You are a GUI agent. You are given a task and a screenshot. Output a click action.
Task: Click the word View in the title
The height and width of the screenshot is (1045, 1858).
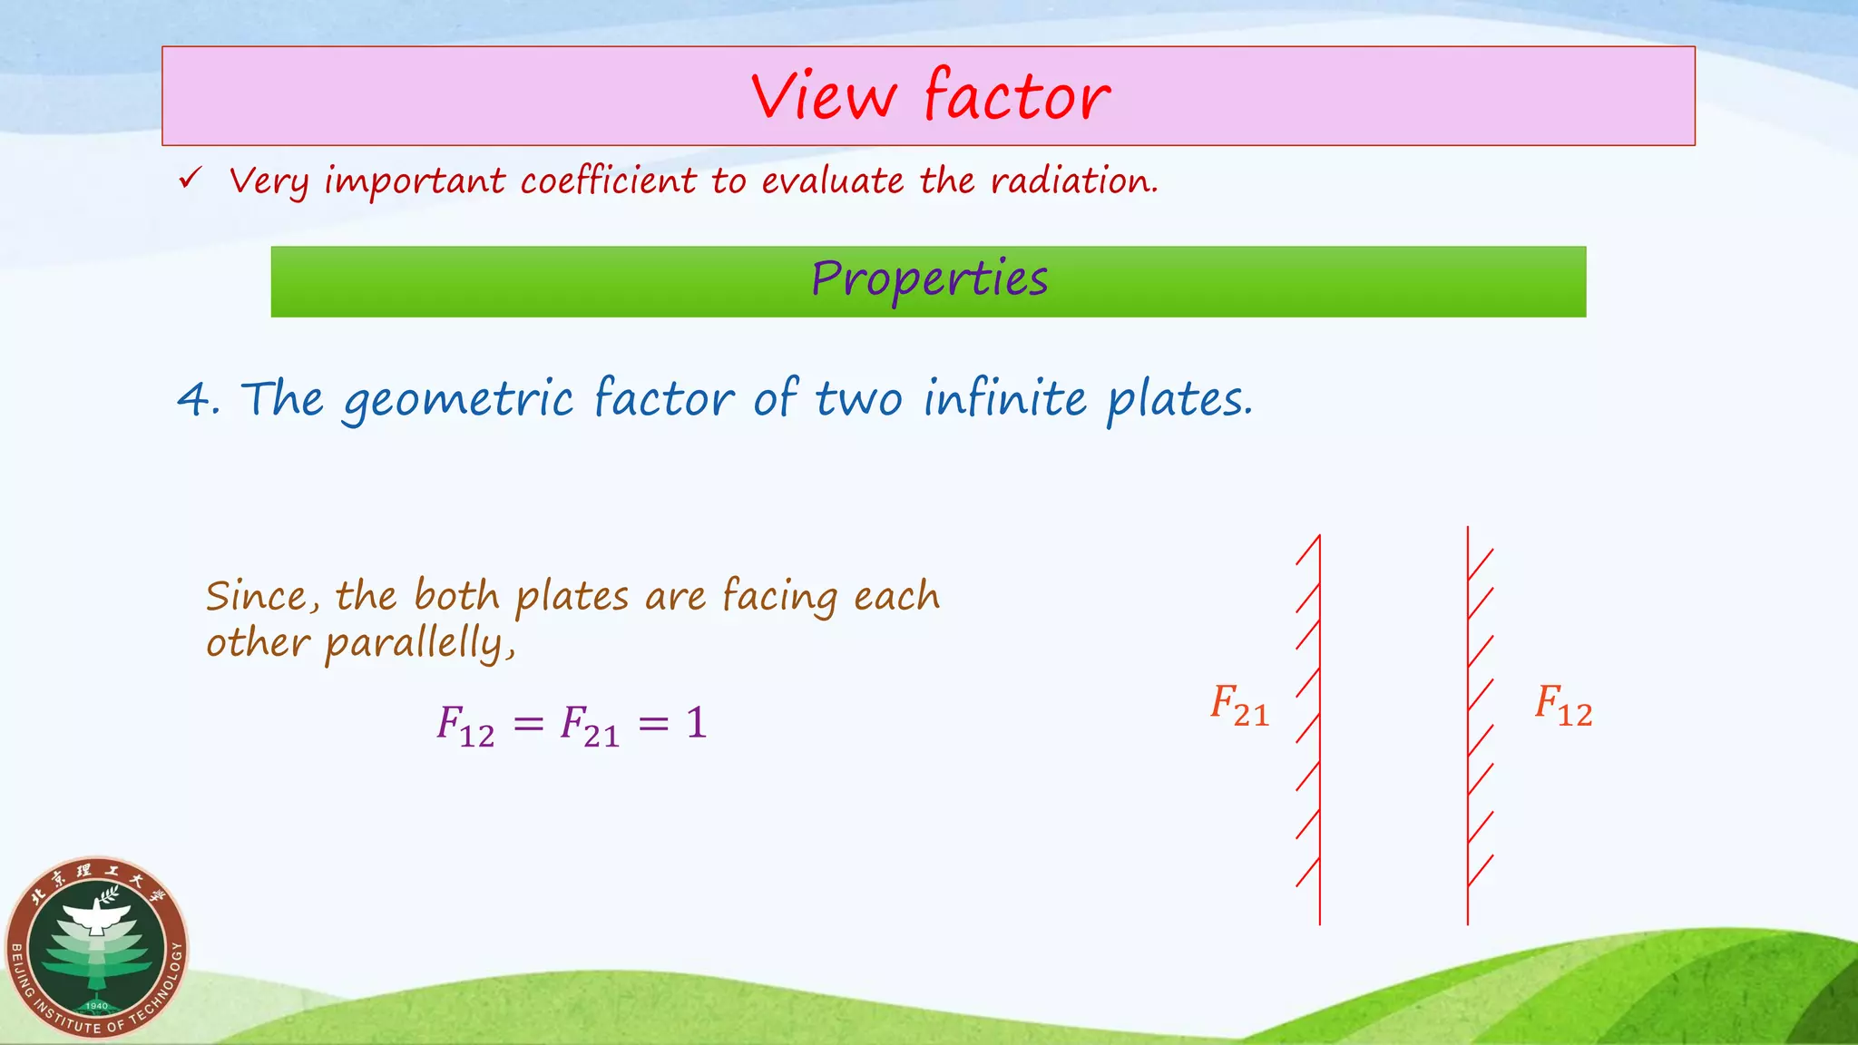[824, 96]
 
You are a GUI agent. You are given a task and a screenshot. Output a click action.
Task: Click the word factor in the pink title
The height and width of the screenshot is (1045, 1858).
[1017, 96]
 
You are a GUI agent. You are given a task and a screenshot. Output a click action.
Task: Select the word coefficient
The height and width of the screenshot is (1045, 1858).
[608, 181]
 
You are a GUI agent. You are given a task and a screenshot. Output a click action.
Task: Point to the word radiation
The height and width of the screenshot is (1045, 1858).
[1074, 181]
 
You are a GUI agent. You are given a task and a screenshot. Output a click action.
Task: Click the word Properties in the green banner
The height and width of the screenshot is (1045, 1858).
[929, 279]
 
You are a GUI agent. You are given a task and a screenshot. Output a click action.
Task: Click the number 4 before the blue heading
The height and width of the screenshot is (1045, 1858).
[194, 399]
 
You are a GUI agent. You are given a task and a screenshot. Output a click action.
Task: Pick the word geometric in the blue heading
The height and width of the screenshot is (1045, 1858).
[458, 400]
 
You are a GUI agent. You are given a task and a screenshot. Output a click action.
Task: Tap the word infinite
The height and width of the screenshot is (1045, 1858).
[1004, 398]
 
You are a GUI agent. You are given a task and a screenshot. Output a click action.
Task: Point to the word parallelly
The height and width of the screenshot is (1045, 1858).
[420, 644]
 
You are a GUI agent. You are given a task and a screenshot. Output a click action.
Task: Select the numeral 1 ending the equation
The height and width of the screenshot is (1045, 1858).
[696, 724]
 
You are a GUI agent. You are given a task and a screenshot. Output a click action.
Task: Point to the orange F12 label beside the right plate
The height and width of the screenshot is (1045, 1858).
[1563, 706]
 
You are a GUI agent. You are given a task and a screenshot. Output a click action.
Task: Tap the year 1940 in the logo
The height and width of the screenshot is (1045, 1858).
[96, 1006]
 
